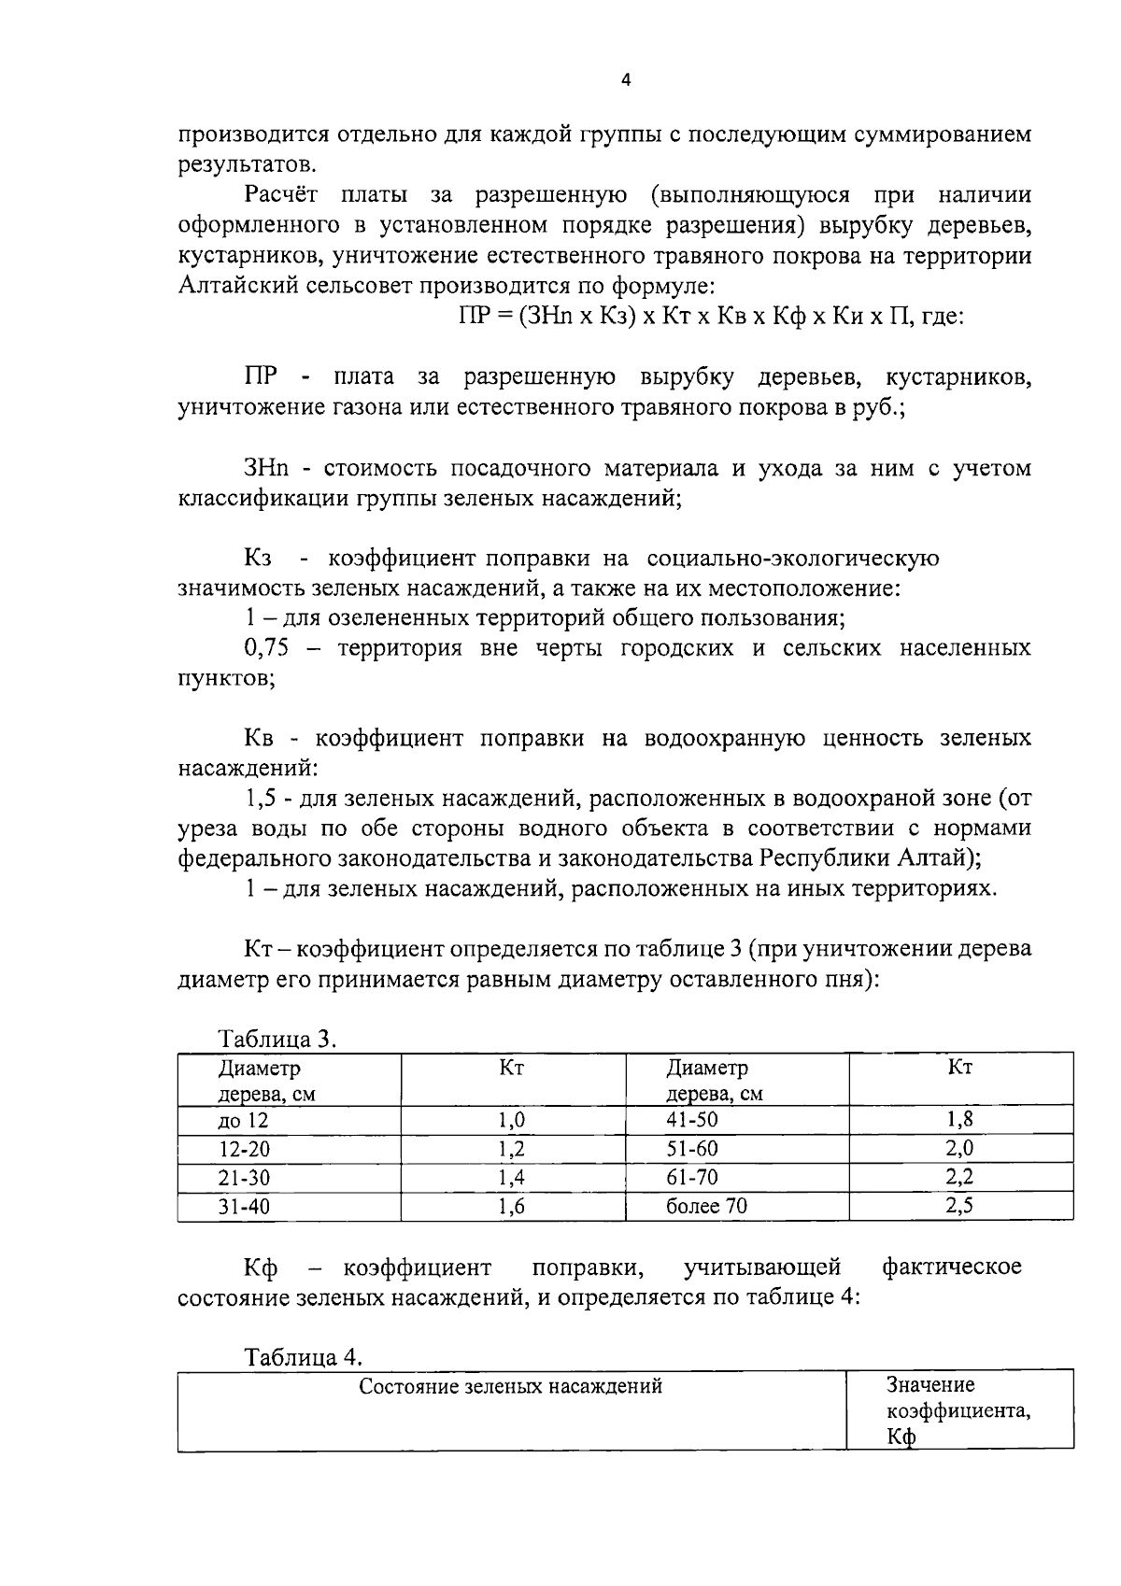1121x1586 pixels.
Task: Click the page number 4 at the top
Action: (x=626, y=80)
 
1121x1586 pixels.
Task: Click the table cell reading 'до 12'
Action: (x=243, y=1120)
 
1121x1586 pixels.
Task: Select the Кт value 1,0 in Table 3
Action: (x=512, y=1120)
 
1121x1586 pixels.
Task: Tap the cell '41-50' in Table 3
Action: (x=692, y=1120)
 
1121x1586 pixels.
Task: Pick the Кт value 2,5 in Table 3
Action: (x=959, y=1205)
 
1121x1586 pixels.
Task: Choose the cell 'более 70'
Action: (x=706, y=1205)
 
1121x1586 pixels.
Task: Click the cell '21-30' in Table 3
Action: (x=244, y=1177)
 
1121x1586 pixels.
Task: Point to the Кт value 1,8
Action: (x=959, y=1120)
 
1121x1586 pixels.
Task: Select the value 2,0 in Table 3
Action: (x=959, y=1148)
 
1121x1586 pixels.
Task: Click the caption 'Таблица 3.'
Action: (x=277, y=1039)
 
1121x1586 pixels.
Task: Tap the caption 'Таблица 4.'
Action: (x=303, y=1356)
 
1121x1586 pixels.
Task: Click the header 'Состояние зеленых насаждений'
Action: (x=511, y=1386)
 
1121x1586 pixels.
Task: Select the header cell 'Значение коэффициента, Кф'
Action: (x=958, y=1410)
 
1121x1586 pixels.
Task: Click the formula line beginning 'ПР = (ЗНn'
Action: (x=710, y=316)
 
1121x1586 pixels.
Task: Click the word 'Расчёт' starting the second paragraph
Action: (x=281, y=194)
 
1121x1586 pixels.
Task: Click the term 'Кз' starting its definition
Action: (x=258, y=558)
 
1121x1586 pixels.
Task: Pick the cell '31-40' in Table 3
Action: (x=244, y=1205)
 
